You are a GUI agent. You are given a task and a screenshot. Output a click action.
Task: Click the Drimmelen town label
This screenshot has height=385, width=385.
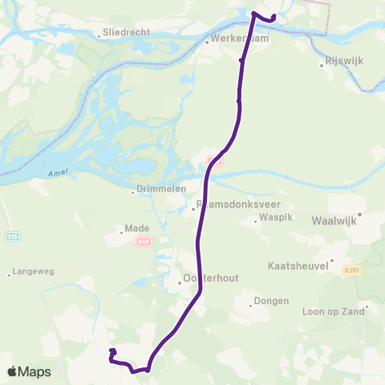point(160,188)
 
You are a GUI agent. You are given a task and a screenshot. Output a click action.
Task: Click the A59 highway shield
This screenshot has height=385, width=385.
point(144,240)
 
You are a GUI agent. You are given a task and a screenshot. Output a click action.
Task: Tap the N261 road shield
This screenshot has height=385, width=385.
point(347,269)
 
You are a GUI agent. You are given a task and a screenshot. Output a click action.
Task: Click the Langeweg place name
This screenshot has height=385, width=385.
point(33,273)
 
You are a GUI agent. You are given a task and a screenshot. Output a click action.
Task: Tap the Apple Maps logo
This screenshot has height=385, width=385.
point(28,371)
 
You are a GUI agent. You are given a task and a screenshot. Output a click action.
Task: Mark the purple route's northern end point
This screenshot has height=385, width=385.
point(274,17)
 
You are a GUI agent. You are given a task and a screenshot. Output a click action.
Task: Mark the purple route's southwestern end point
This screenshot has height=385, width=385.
point(112,351)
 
